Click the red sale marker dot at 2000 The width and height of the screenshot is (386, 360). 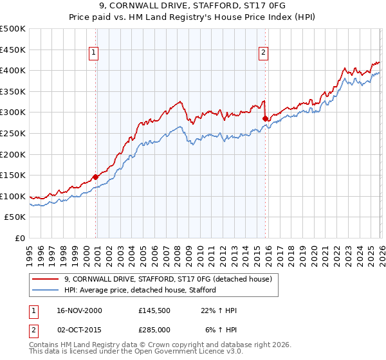[96, 177]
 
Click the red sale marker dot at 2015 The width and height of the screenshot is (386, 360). [265, 118]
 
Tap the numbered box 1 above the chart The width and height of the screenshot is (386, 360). [94, 53]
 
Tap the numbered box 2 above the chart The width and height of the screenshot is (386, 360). [264, 53]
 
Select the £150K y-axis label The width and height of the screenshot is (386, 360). [13, 175]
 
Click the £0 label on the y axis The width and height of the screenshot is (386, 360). [20, 239]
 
